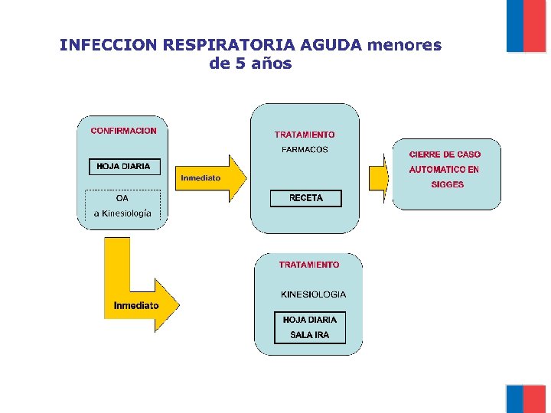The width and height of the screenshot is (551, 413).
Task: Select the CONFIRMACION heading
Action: tap(123, 131)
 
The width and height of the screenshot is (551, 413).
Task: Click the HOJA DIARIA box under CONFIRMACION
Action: tap(123, 166)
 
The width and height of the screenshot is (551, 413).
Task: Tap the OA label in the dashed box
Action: tap(122, 199)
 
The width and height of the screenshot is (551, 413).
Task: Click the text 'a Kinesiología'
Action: tap(122, 213)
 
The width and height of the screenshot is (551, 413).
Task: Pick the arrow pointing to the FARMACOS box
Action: tap(210, 178)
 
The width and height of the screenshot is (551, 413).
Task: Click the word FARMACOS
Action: tap(305, 150)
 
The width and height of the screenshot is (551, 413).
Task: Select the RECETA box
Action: tap(306, 198)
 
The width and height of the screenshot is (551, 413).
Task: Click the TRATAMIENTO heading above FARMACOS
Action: tap(305, 135)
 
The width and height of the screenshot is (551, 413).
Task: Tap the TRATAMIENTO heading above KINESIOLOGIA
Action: tap(308, 265)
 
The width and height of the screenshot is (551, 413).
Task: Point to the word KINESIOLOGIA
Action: tap(313, 294)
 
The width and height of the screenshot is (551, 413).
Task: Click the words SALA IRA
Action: tap(310, 335)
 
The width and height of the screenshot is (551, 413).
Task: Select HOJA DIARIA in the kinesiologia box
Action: tap(310, 320)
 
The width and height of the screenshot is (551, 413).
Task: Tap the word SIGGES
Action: tap(447, 184)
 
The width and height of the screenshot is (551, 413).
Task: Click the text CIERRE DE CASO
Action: tap(445, 154)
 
